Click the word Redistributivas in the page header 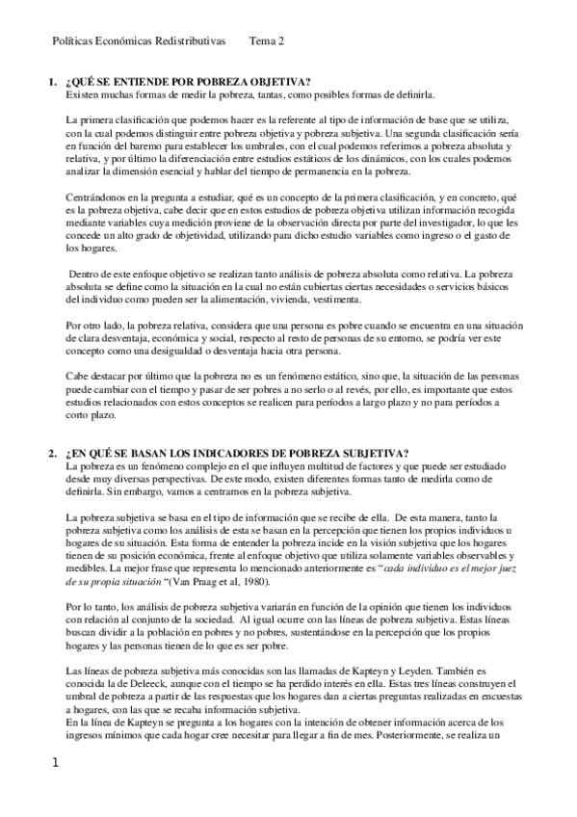tap(190, 42)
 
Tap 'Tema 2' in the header tap(267, 42)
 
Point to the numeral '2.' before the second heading tap(53, 454)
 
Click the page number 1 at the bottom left tap(55, 762)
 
